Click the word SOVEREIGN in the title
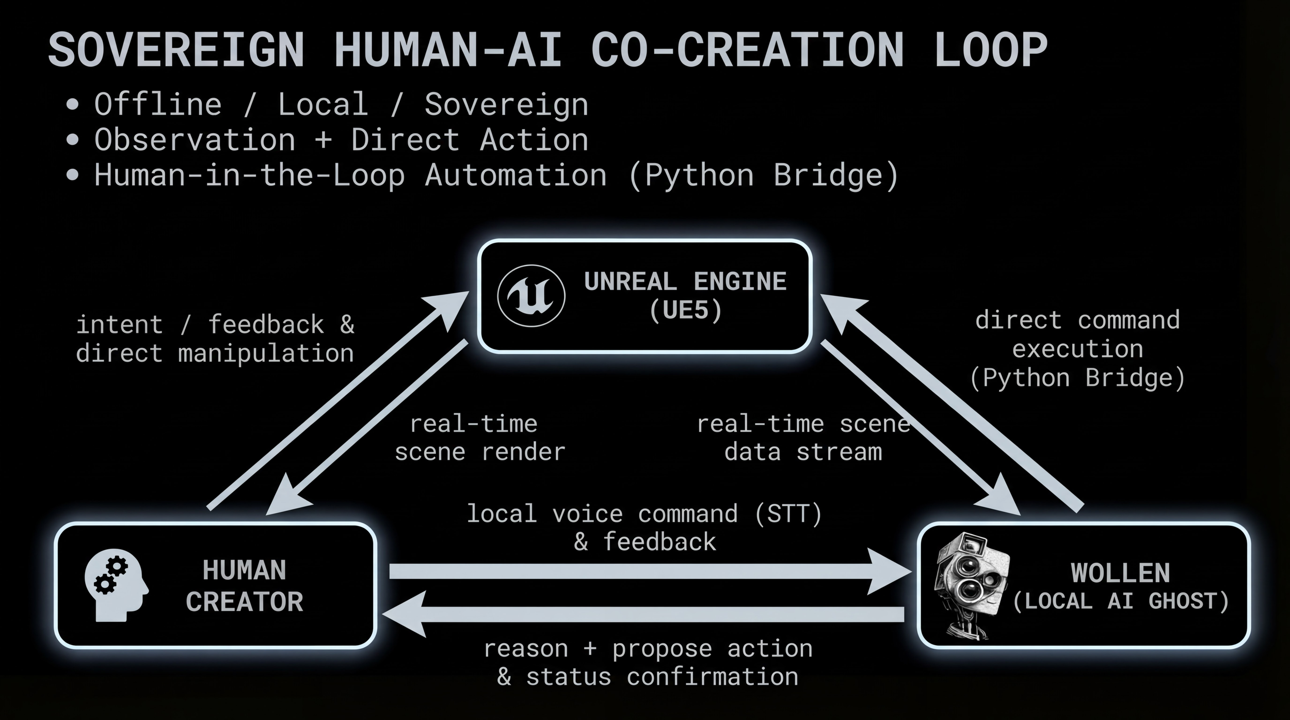point(176,50)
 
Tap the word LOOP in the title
point(990,50)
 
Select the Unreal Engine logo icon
point(531,296)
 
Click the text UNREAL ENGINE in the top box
point(685,282)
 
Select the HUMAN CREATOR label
point(244,586)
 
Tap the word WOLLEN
point(1120,573)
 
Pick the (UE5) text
point(685,311)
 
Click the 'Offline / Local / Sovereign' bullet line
point(341,105)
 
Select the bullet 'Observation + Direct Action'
point(341,140)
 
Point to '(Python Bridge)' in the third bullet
point(764,175)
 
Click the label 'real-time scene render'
point(480,438)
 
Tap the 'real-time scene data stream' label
point(803,438)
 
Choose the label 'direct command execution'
point(1077,335)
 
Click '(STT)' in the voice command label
point(788,514)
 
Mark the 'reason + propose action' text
point(648,649)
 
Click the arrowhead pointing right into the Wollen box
point(890,571)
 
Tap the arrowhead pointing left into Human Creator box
point(402,614)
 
